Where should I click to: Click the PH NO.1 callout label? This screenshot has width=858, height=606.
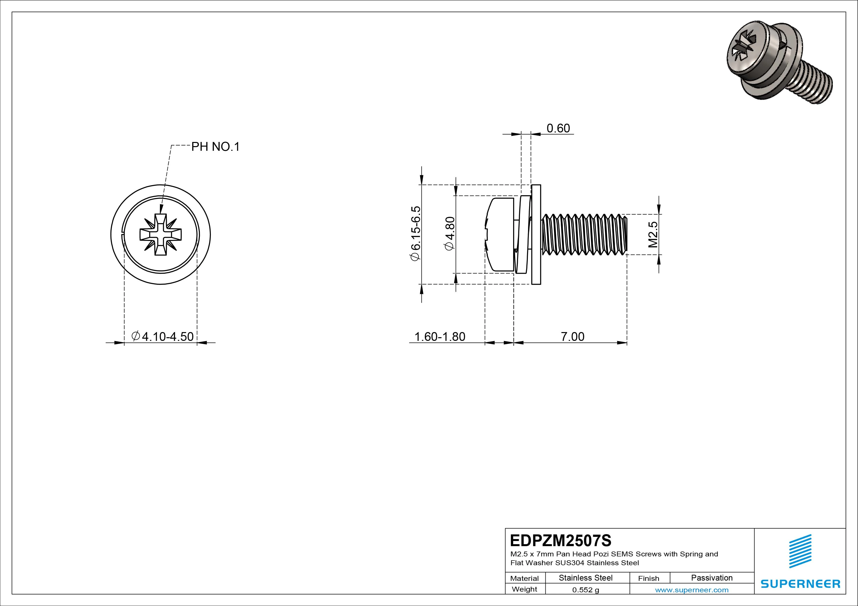[x=215, y=147]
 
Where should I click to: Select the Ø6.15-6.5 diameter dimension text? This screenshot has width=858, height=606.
[x=416, y=233]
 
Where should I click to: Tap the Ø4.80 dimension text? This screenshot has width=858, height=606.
[x=449, y=233]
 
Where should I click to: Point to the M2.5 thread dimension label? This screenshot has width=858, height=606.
[x=653, y=235]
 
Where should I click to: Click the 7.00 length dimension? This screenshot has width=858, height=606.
[x=572, y=336]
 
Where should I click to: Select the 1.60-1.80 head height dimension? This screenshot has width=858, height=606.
[x=440, y=336]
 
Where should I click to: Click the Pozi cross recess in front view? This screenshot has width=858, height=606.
[x=160, y=235]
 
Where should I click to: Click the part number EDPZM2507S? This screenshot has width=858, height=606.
[x=561, y=540]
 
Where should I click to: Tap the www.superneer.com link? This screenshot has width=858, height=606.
[x=692, y=590]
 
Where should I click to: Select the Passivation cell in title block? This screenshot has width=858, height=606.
[x=711, y=578]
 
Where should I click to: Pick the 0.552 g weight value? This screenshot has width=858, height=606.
[x=586, y=590]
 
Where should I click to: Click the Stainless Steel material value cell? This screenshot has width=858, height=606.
[x=586, y=578]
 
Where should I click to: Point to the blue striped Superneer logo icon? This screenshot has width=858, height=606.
[x=800, y=551]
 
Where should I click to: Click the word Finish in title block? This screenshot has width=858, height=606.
[x=648, y=578]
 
